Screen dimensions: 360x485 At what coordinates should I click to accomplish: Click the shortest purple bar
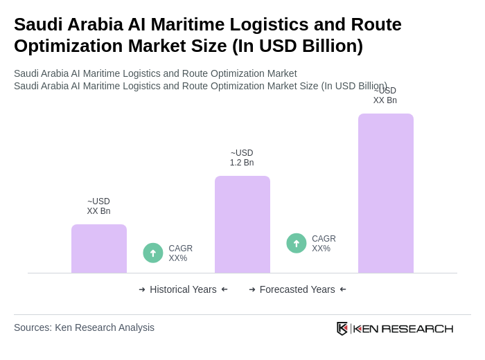point(99,249)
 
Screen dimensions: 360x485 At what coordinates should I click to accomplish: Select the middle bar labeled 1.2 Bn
point(242,224)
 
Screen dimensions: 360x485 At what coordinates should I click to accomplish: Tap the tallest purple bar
point(386,193)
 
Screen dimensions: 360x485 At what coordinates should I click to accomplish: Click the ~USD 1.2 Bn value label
point(242,158)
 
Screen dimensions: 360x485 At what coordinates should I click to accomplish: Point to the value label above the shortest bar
point(98,206)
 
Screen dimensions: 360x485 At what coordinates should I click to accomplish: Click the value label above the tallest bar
point(385,96)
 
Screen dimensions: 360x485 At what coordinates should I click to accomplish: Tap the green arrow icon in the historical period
point(153,253)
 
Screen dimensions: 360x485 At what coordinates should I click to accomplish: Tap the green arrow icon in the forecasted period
point(297,243)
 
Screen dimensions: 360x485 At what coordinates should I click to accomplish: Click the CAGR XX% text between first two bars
point(180,253)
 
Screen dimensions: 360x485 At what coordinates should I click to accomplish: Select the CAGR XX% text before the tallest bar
point(324,244)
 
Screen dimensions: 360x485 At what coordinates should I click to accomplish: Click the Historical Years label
point(183,289)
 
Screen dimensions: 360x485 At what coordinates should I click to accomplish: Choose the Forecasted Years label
point(297,289)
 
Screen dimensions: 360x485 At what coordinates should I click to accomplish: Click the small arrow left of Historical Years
point(142,289)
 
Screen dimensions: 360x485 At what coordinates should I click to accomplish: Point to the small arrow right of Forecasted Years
point(343,289)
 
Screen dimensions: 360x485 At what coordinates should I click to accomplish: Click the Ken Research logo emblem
point(342,328)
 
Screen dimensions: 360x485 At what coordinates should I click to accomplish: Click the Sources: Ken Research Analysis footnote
point(84,327)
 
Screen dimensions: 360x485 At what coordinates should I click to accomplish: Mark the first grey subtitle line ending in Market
point(155,73)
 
